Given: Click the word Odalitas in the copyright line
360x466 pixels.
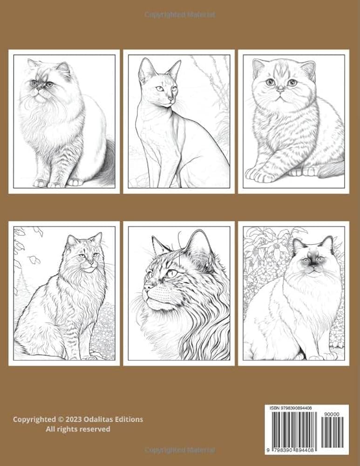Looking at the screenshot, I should [99, 419].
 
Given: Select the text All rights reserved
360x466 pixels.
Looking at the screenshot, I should [78, 429].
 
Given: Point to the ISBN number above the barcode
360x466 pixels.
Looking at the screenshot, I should [291, 408].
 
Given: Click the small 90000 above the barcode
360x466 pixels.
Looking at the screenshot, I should [334, 413].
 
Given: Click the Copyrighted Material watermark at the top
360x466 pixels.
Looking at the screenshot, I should [180, 15].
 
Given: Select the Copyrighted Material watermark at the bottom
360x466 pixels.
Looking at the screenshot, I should [180, 451].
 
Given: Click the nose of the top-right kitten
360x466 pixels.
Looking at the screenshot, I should [280, 88].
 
